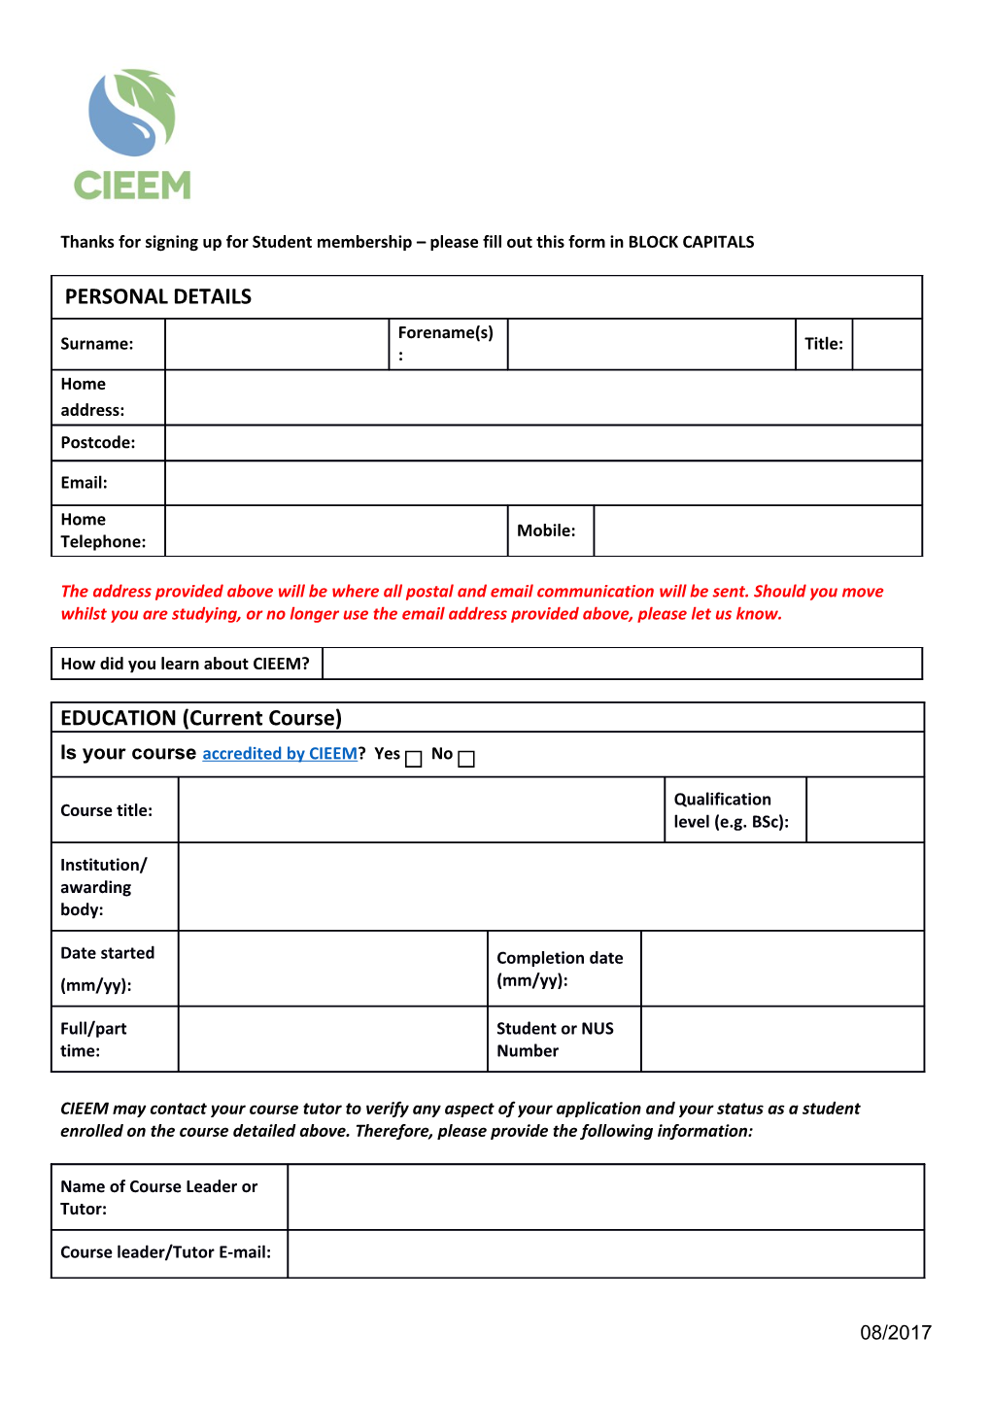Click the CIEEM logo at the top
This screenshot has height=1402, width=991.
pyautogui.click(x=133, y=135)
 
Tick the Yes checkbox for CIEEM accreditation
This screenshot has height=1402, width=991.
pyautogui.click(x=414, y=759)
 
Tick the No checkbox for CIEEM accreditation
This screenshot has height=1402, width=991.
pyautogui.click(x=466, y=759)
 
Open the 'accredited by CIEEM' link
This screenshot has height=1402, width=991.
pyautogui.click(x=280, y=754)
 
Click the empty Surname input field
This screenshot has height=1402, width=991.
pyautogui.click(x=277, y=345)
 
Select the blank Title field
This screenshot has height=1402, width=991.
pyautogui.click(x=886, y=345)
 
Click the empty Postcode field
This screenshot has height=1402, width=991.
pyautogui.click(x=542, y=443)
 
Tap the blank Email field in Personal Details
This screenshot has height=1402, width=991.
pyautogui.click(x=542, y=483)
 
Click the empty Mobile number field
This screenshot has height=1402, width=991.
pyautogui.click(x=757, y=530)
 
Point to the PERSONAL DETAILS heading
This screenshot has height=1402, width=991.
pyautogui.click(x=158, y=297)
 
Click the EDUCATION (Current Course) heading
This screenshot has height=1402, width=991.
pyautogui.click(x=201, y=718)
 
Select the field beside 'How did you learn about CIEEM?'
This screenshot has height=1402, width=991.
pyautogui.click(x=622, y=664)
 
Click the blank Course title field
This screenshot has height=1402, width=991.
pyautogui.click(x=421, y=810)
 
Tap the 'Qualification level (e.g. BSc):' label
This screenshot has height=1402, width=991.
pyautogui.click(x=731, y=810)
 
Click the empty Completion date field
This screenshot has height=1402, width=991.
pyautogui.click(x=782, y=969)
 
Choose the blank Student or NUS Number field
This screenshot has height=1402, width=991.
pyautogui.click(x=782, y=1040)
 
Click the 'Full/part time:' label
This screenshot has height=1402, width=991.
pyautogui.click(x=93, y=1040)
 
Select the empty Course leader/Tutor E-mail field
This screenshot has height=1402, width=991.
pyautogui.click(x=604, y=1253)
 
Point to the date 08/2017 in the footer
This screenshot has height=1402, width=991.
pyautogui.click(x=895, y=1333)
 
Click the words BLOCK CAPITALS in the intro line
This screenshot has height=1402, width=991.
pyautogui.click(x=691, y=242)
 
